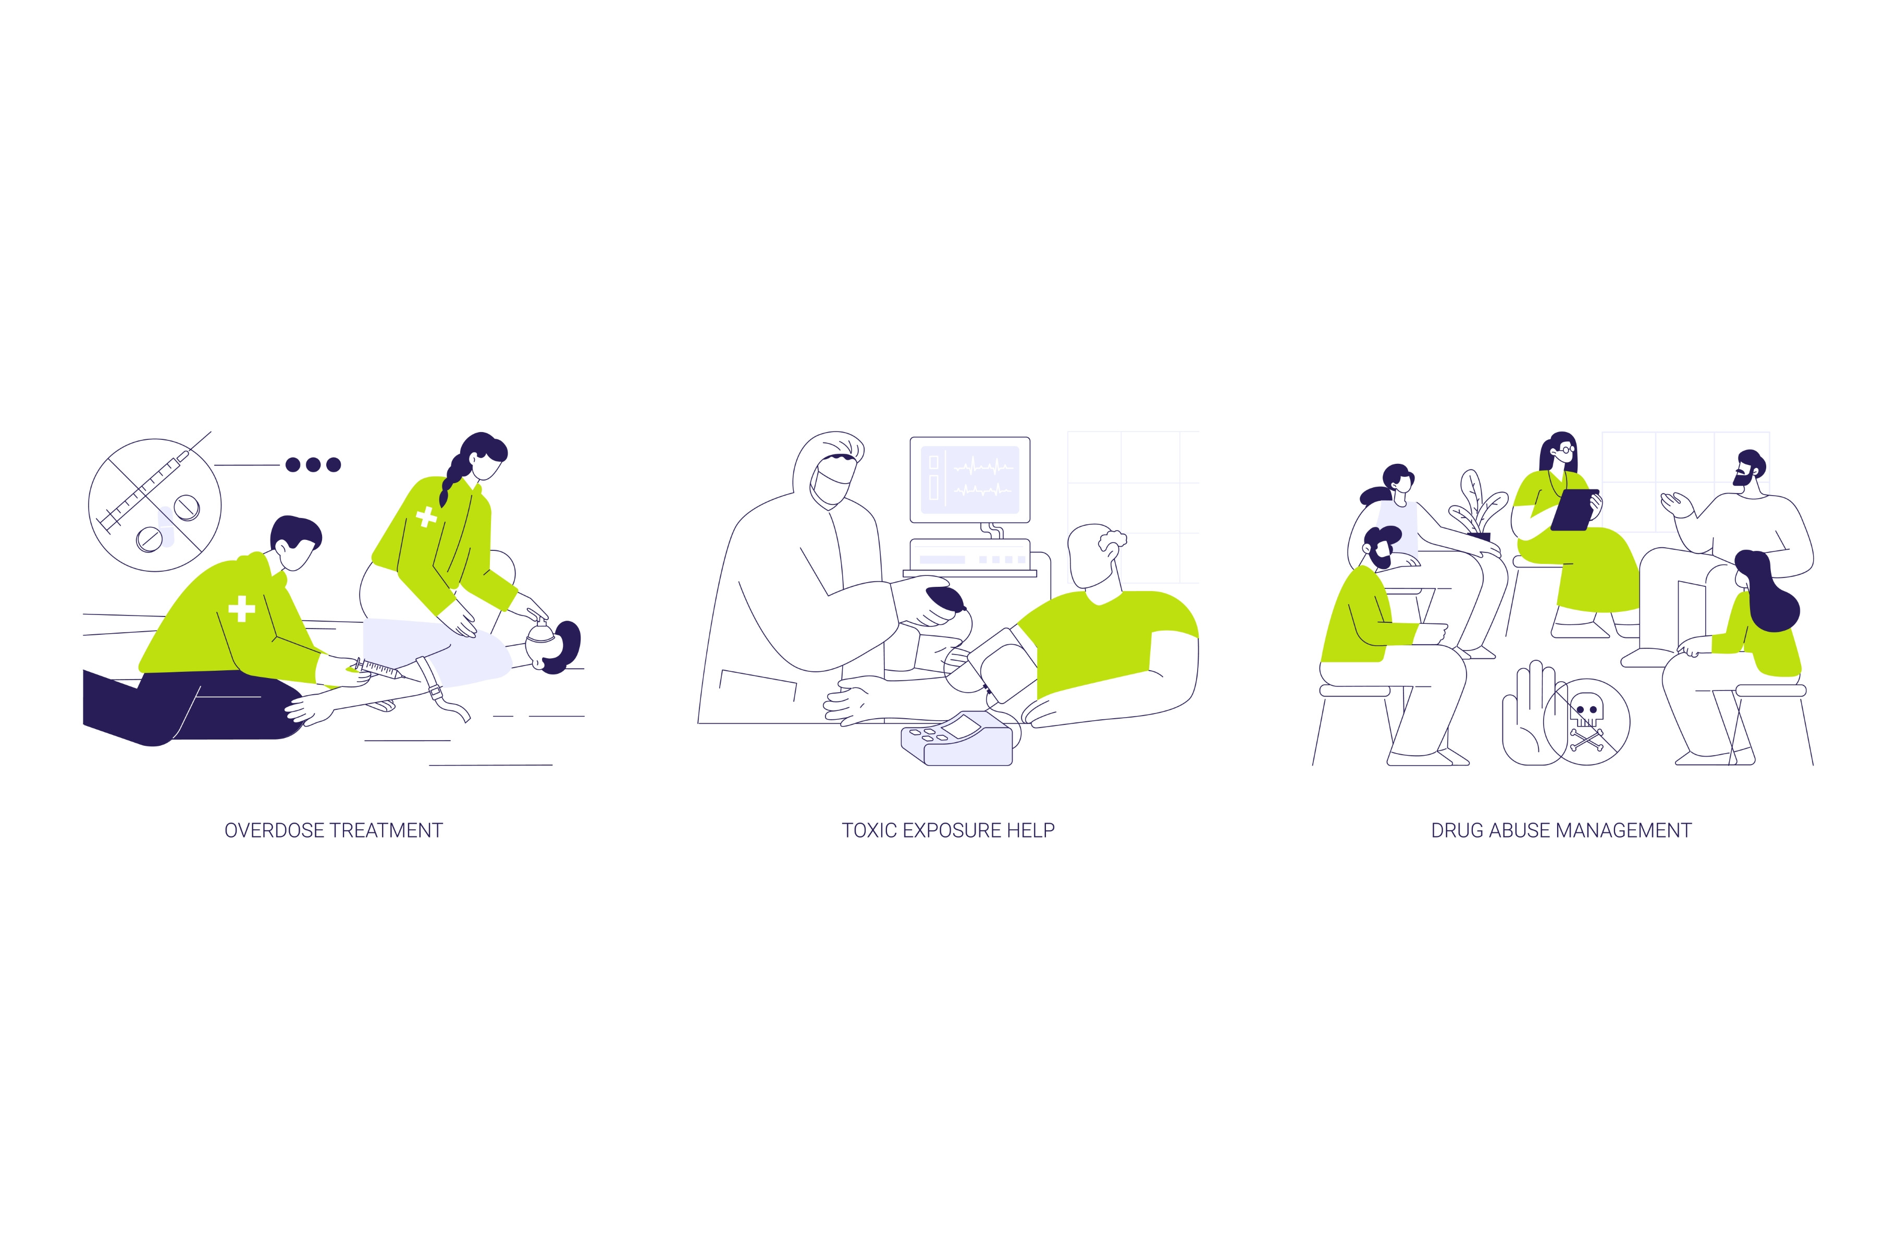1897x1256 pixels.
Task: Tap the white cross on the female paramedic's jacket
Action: (x=427, y=516)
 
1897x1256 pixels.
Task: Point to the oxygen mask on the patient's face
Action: (x=540, y=632)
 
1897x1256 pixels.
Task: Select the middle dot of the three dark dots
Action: (x=313, y=464)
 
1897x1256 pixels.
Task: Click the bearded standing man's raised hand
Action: (x=1678, y=504)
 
